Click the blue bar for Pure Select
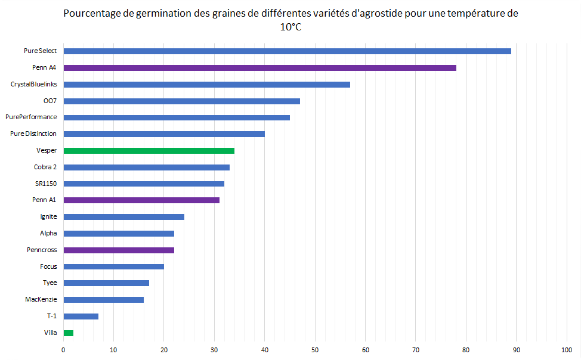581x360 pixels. tap(287, 51)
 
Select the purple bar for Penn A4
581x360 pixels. tap(259, 68)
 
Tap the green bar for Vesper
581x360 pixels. tap(149, 151)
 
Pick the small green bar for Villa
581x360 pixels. tap(68, 333)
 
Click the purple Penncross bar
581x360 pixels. tap(119, 250)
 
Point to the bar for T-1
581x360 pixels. tap(81, 316)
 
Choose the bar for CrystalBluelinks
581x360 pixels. tap(206, 85)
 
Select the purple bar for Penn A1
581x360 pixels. tap(141, 200)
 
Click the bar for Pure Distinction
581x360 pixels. tap(163, 134)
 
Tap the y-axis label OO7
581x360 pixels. tap(50, 101)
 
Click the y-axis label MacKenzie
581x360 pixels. tap(41, 299)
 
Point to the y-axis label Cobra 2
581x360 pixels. tap(46, 167)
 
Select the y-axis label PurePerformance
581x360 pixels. tap(31, 117)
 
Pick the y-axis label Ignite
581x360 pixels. tap(48, 217)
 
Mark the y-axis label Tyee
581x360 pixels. tap(50, 283)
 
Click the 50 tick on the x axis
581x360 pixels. tap(314, 349)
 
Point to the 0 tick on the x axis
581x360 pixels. tap(63, 349)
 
